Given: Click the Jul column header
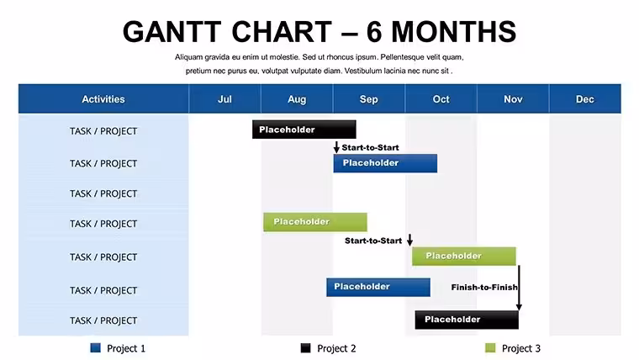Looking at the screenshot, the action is (x=224, y=98).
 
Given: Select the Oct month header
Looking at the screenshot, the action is (x=441, y=98).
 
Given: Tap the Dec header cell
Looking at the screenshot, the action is (x=585, y=98).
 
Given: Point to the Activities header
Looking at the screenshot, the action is (x=103, y=98).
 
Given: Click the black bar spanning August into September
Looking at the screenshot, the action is (x=304, y=130).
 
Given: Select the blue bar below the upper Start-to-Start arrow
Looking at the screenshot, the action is (x=385, y=163).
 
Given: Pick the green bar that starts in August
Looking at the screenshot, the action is (x=315, y=222).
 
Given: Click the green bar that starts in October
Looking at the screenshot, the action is (x=464, y=256).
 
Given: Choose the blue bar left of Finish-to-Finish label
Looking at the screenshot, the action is (x=378, y=287).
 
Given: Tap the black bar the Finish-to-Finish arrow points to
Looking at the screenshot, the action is (x=467, y=320).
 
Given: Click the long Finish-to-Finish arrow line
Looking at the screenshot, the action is (x=519, y=288).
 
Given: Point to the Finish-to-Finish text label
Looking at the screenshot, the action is (x=484, y=288).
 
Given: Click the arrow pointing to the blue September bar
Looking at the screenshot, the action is (x=336, y=147).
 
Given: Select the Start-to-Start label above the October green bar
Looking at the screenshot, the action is (x=373, y=241).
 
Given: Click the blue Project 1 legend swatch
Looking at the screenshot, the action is (x=95, y=347).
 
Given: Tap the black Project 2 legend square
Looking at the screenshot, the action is (x=306, y=347).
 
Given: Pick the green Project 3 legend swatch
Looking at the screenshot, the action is (x=490, y=347).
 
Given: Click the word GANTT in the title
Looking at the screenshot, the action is (x=172, y=32).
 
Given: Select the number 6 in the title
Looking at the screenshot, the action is (x=374, y=32).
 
